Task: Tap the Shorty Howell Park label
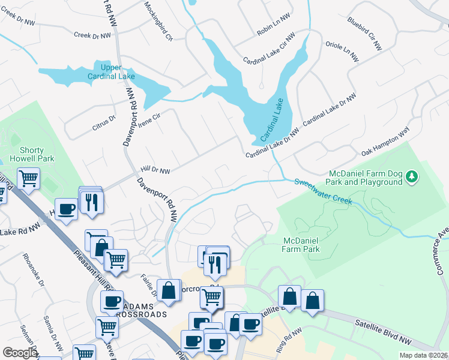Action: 32,154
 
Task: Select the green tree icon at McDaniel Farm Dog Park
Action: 411,176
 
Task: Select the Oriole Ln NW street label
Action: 342,52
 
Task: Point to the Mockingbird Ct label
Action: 158,21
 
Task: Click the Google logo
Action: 20,353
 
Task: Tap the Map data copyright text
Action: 423,355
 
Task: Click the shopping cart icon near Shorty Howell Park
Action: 28,178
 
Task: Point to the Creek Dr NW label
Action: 92,35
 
